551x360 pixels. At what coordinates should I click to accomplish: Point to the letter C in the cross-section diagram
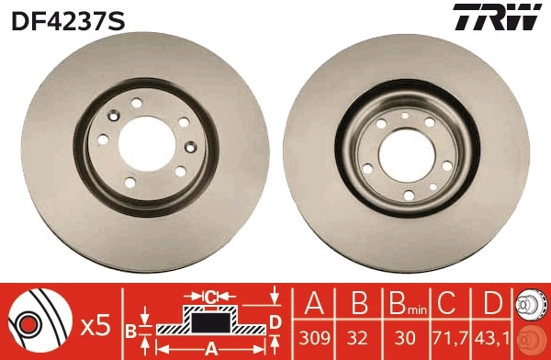click(x=210, y=296)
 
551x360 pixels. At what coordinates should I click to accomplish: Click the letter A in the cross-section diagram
click(x=210, y=347)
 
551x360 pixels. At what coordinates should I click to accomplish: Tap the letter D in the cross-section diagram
click(x=275, y=320)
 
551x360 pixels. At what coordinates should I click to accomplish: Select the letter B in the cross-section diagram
click(x=130, y=330)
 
